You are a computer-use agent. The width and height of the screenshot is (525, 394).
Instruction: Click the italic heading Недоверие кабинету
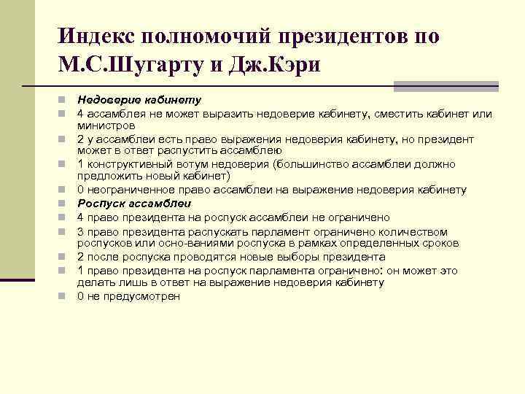click(139, 99)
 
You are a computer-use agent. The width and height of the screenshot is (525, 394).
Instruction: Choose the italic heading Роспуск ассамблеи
click(135, 204)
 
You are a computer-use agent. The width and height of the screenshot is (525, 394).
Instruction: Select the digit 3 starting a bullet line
click(81, 231)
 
